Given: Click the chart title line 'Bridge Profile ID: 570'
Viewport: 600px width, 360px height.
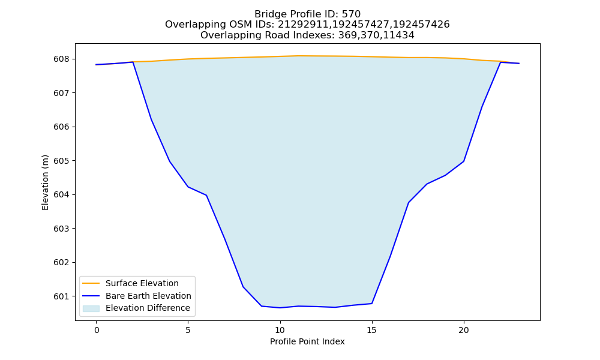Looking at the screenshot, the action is tap(307, 14).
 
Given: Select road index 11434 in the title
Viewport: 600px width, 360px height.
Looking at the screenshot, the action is tap(400, 35).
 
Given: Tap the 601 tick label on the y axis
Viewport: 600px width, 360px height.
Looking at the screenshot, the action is tap(61, 296).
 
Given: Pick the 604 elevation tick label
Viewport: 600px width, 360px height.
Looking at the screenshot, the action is tap(61, 195).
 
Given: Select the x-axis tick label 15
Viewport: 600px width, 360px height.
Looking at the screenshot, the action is tap(371, 330).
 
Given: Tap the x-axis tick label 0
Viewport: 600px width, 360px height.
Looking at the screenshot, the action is tap(97, 330).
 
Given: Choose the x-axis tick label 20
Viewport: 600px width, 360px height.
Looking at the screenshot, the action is tap(463, 330).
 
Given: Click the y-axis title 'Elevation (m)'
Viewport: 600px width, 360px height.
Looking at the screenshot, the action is tap(45, 182).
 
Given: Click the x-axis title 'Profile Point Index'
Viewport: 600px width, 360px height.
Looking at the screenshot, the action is tap(307, 341).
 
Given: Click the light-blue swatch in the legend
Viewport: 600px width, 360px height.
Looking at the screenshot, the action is tap(91, 308).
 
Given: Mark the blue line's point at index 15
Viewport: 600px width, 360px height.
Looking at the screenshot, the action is tap(371, 304).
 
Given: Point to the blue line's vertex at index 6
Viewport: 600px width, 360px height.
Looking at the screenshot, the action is tap(206, 195).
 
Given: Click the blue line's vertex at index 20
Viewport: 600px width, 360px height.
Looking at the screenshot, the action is tap(463, 161).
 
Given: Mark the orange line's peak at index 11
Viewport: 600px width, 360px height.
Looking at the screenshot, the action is tap(298, 56).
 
